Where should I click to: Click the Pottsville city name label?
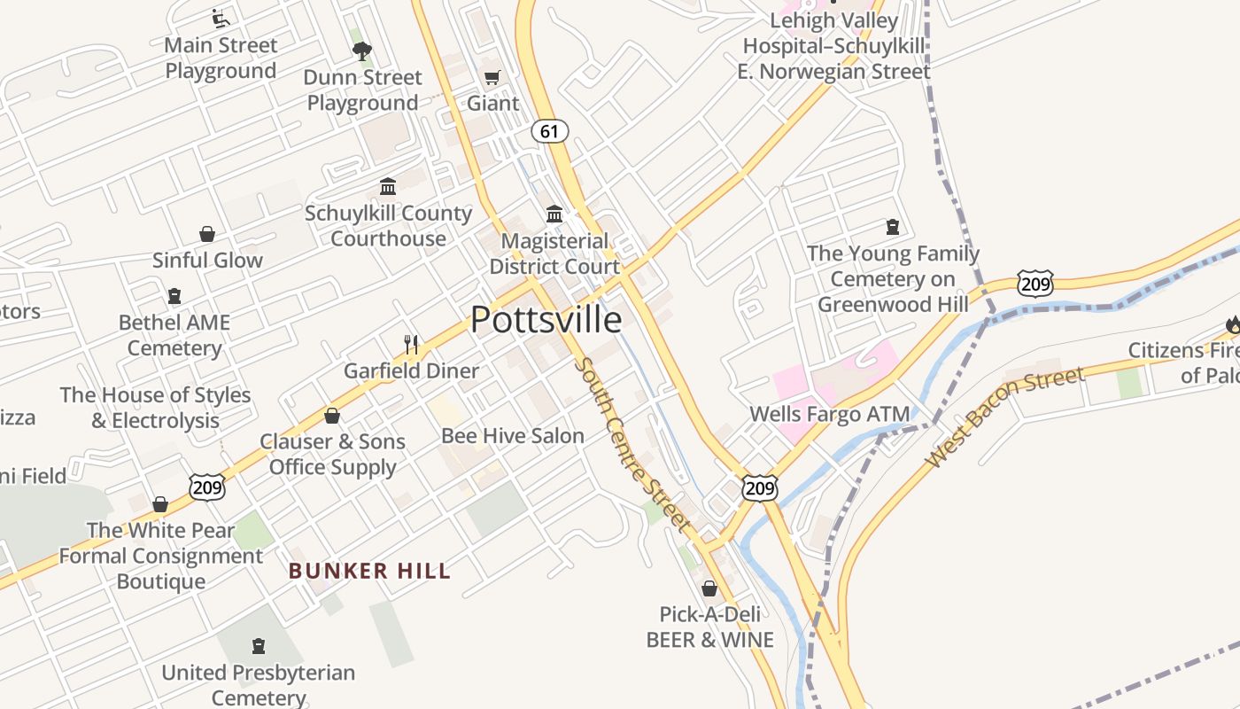tap(546, 319)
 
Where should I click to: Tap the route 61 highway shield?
tap(550, 131)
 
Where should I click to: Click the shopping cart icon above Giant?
tap(492, 78)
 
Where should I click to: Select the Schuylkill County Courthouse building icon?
tap(388, 187)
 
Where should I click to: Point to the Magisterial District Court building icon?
tap(554, 214)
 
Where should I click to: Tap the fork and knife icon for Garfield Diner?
tap(411, 345)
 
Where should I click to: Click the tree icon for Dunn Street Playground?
tap(362, 51)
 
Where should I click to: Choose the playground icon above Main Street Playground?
tap(221, 19)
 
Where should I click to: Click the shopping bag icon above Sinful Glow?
tap(207, 234)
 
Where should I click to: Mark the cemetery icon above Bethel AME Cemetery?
tap(174, 296)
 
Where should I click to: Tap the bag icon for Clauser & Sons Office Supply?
tap(332, 416)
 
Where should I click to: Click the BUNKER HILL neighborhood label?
tap(369, 571)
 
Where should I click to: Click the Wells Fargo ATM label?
tap(829, 414)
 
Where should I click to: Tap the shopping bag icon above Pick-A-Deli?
tap(709, 588)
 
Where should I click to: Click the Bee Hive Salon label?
tap(513, 435)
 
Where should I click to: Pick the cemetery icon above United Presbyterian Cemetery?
tap(259, 646)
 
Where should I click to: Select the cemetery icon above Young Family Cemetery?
tap(893, 227)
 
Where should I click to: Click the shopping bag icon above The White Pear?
tap(160, 504)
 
